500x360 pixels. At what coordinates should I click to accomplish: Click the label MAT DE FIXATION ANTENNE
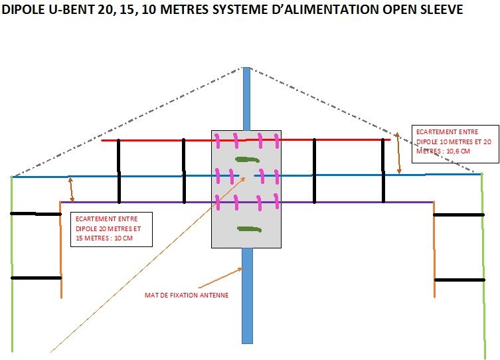click(x=187, y=295)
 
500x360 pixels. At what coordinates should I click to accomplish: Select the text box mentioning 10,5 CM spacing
click(x=454, y=143)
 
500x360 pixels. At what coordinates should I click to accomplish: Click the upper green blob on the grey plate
click(x=248, y=159)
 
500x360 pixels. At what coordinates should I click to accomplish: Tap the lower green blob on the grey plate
click(x=249, y=229)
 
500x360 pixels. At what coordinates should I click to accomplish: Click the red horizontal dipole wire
click(x=153, y=140)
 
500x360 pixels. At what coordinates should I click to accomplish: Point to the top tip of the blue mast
click(x=246, y=69)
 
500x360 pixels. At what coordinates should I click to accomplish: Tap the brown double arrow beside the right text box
click(x=398, y=153)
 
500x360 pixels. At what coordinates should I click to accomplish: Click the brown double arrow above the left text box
click(x=72, y=189)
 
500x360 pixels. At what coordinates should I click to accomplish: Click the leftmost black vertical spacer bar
click(x=119, y=171)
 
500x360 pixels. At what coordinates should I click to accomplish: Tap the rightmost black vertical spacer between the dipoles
click(x=383, y=171)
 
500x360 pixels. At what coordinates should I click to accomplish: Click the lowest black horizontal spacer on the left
click(x=36, y=278)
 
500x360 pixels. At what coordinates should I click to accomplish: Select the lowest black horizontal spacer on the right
click(x=459, y=280)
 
